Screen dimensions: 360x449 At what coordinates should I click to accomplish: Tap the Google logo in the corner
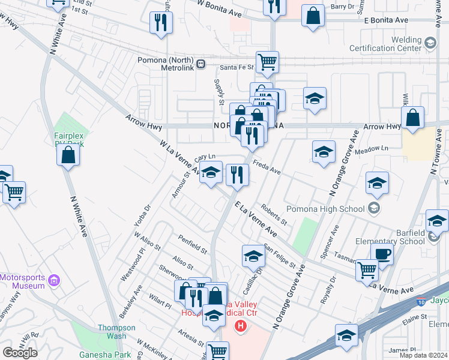(x=20, y=353)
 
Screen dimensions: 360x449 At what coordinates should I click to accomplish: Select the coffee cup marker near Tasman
(x=382, y=254)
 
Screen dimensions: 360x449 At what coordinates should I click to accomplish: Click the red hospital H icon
(x=241, y=326)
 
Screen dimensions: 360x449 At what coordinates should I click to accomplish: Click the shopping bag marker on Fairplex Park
(x=69, y=154)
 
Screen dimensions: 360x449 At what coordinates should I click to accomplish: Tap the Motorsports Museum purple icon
(x=55, y=280)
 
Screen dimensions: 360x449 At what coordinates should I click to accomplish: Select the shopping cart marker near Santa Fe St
(x=267, y=61)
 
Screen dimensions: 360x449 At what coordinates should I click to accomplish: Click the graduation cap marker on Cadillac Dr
(x=254, y=256)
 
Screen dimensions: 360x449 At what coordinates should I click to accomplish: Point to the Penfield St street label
(x=192, y=243)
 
